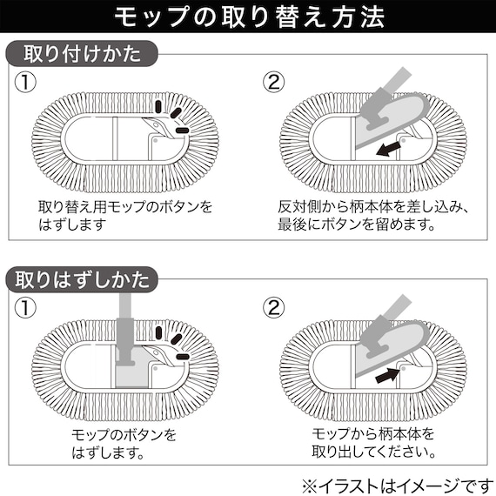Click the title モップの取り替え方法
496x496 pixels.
[x=247, y=17]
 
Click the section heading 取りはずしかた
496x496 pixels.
[x=83, y=280]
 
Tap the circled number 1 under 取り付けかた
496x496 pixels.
[x=26, y=84]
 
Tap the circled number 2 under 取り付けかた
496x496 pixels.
[x=274, y=84]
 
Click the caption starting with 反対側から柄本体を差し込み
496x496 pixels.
[x=374, y=216]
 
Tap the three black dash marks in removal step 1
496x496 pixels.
[x=171, y=341]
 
